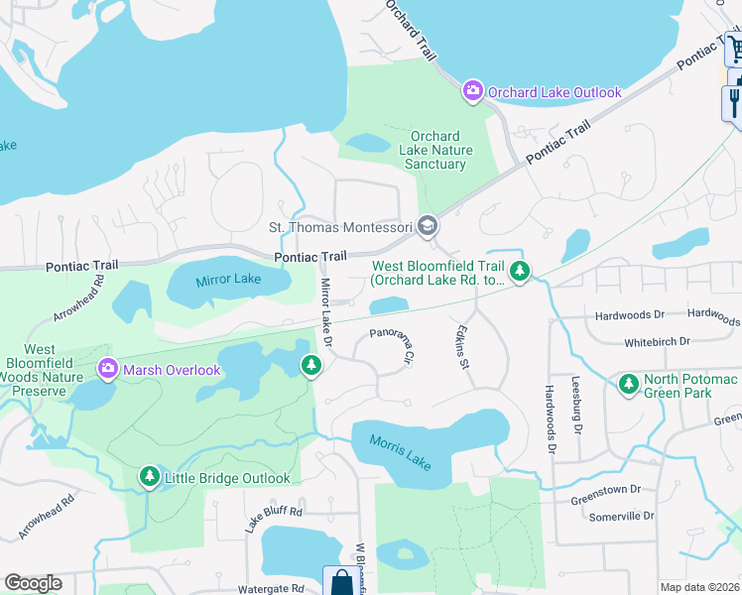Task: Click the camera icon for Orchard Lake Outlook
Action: click(473, 92)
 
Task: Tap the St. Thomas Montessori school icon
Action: click(428, 227)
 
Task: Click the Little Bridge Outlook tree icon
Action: click(150, 478)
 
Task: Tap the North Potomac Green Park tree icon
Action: click(627, 382)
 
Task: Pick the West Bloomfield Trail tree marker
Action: click(518, 270)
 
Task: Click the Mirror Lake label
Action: click(228, 280)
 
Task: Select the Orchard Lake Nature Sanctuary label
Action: click(435, 150)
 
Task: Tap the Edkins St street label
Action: click(461, 346)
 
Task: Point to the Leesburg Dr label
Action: click(575, 404)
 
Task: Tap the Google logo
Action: click(33, 583)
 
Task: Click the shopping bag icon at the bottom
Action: click(340, 582)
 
